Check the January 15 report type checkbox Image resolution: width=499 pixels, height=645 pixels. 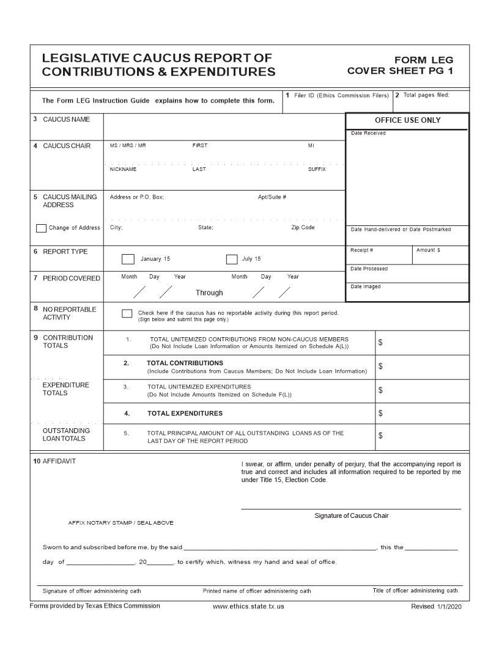coord(128,259)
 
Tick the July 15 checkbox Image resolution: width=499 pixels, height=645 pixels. coord(232,259)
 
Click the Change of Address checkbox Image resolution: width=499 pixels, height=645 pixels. coord(41,228)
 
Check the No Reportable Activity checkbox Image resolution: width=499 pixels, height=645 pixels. coord(127,313)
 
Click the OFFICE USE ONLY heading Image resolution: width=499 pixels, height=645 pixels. coord(407,120)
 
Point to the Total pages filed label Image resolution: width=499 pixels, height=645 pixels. coord(426,95)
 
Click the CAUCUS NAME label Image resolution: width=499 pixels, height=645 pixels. coord(66,120)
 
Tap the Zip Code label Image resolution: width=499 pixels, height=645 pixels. coord(303,227)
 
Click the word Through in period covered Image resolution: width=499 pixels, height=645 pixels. coord(209,293)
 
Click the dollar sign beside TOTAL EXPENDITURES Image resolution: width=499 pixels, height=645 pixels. coord(380,414)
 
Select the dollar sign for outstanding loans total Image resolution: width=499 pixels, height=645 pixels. coord(380,436)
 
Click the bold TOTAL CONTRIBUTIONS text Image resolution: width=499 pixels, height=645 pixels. coord(185,363)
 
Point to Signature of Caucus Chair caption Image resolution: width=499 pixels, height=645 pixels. coord(351,516)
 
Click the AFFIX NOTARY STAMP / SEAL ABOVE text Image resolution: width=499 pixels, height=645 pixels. coord(120,523)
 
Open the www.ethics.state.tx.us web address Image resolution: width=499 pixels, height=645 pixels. coord(248,607)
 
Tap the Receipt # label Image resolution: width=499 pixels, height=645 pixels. coord(361,250)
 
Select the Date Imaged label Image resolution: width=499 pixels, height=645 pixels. coord(365,286)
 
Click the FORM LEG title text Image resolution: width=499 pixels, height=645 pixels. coord(424,60)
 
